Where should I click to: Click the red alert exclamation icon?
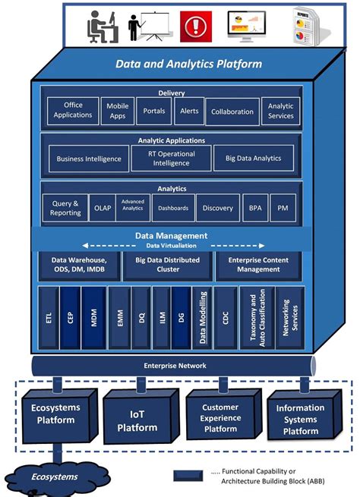click(196, 27)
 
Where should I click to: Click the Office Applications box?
click(73, 112)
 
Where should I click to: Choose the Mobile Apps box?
click(117, 112)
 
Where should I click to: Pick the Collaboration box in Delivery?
click(232, 112)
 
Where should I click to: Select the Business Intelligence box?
click(88, 159)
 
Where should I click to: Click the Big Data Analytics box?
click(248, 159)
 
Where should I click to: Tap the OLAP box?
click(102, 207)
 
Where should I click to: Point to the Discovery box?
click(218, 207)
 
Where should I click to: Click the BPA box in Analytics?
click(254, 207)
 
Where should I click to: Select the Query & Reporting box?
click(66, 207)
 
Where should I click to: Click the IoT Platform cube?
click(137, 421)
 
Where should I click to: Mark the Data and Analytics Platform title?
click(188, 64)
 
